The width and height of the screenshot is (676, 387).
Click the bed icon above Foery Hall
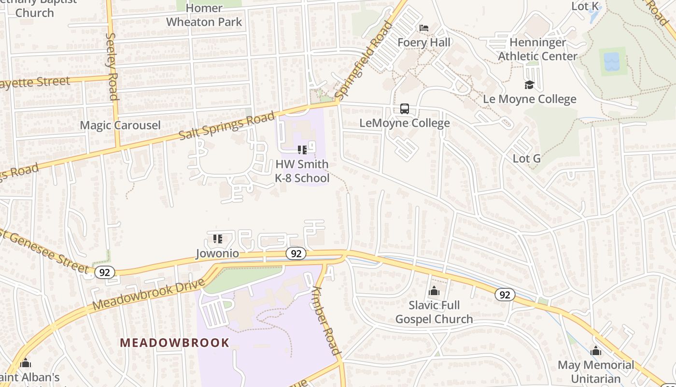point(424,28)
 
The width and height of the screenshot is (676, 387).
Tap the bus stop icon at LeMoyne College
point(405,109)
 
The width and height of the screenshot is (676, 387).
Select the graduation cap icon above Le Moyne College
point(530,85)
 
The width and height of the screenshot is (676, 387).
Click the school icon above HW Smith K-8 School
point(302,150)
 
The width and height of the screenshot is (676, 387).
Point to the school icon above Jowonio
point(217,239)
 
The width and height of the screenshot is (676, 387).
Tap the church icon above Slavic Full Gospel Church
point(434,291)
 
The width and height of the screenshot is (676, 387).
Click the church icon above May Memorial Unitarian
point(596,351)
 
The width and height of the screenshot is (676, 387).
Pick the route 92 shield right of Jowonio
point(296,253)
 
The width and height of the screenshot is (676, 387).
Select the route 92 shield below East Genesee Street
point(104,272)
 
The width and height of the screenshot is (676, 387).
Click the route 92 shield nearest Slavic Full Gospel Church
point(505,295)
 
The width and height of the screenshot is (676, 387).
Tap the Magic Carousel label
point(120,125)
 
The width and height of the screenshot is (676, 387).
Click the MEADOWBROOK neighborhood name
point(175,343)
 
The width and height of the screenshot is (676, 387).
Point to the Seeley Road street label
point(112,66)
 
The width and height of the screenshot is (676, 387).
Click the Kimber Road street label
point(327,319)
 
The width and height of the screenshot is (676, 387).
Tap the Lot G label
point(526,159)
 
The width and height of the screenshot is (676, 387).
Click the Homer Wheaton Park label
point(204,15)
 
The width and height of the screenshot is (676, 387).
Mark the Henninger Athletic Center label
point(537,49)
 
